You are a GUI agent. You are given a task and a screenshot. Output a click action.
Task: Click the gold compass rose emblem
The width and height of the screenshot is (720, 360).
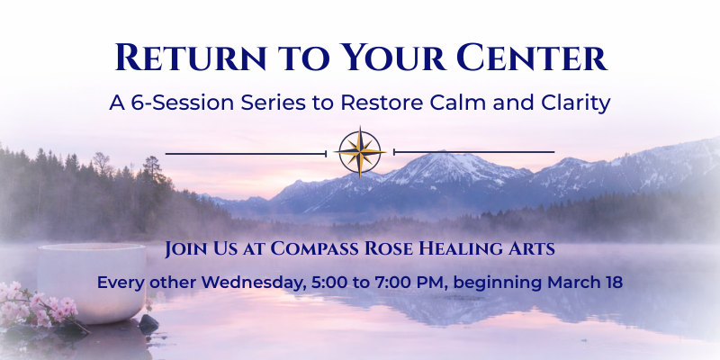click(360, 152)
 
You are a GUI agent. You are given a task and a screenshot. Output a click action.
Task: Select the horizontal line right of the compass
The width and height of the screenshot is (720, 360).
click(474, 152)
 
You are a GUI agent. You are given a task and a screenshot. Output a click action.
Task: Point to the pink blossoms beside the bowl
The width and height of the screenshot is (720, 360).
click(36, 306)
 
